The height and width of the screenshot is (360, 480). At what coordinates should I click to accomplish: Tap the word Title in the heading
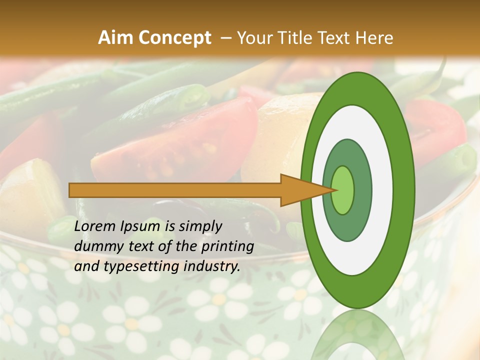coord(298,38)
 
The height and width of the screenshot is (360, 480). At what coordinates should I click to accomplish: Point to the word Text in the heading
coord(336,38)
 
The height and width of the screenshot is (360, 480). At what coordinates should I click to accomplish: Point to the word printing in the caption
coord(227,247)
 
